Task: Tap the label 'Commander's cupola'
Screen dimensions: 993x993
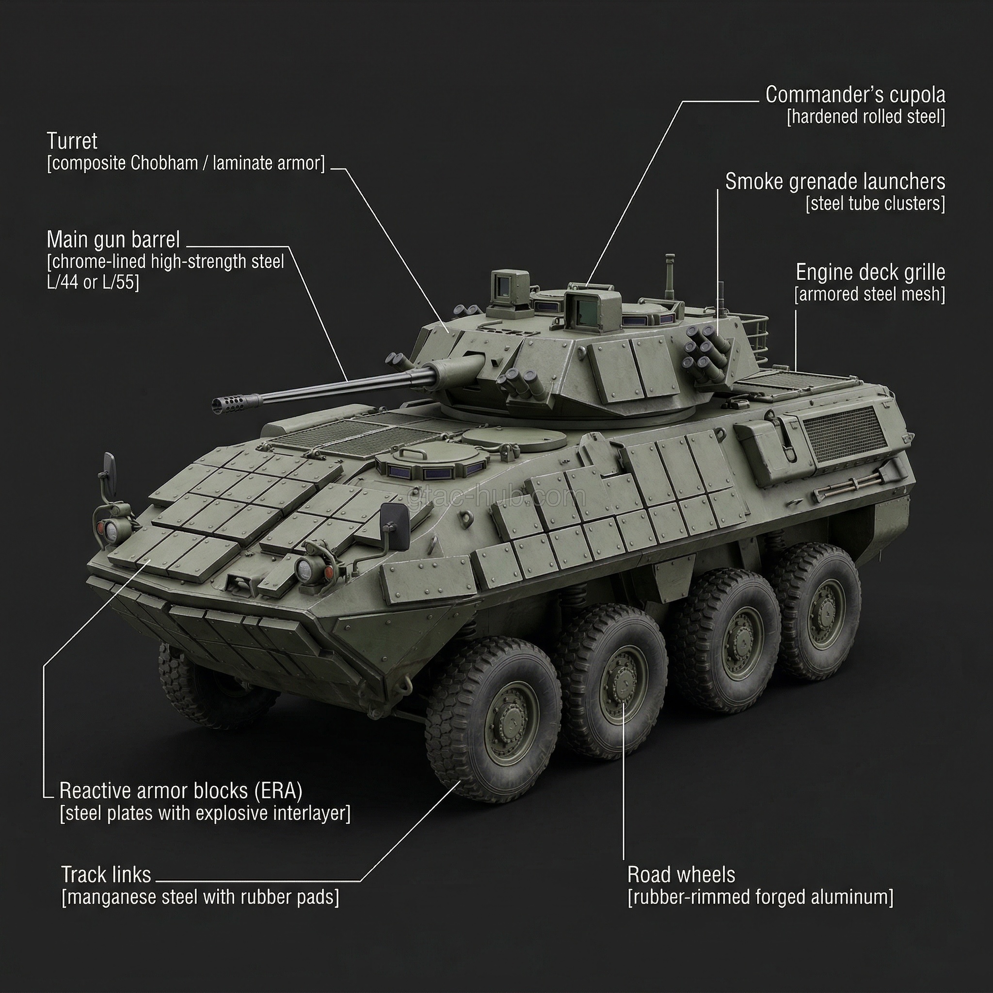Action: click(855, 95)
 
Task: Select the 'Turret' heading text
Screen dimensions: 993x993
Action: click(72, 141)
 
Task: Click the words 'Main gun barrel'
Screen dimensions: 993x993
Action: click(113, 240)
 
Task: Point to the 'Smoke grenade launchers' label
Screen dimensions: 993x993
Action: click(835, 181)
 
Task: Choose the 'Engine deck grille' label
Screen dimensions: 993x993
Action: click(870, 272)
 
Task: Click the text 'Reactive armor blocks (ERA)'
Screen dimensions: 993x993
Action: click(181, 791)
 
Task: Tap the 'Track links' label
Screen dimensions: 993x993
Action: click(106, 874)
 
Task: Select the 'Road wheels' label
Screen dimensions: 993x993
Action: click(681, 874)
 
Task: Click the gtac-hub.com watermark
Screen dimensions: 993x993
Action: click(496, 496)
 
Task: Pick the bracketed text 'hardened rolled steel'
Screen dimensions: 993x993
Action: click(866, 117)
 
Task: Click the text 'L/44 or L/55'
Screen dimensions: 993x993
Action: click(93, 282)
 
